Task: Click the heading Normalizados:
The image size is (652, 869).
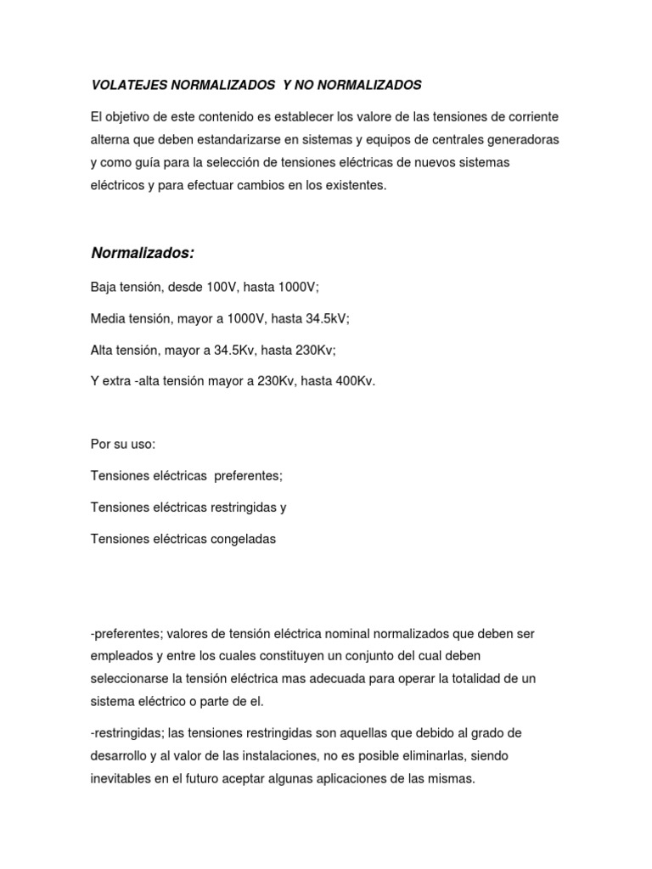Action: pos(143,253)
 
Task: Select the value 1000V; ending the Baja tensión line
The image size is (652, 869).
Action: pos(295,288)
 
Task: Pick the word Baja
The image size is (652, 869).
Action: pos(104,288)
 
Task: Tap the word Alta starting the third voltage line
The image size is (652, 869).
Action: pos(102,350)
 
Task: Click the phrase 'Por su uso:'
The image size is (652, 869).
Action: pos(123,445)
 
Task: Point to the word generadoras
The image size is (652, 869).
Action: pos(525,138)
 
